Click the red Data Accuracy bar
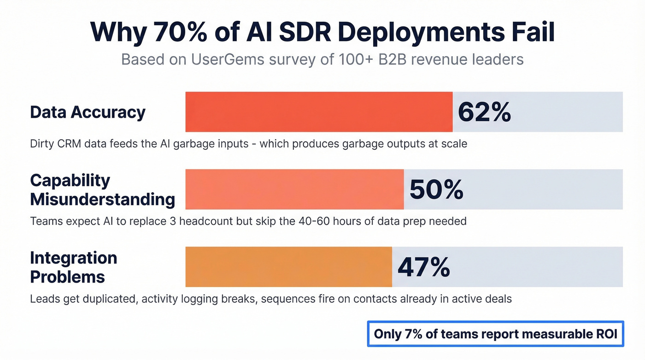coord(319,112)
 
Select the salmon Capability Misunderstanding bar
coord(294,189)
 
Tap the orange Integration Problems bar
coord(288,267)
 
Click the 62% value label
coord(484,112)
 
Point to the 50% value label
coord(436,189)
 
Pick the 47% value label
coord(423,267)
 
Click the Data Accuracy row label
coord(88,112)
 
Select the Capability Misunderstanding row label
coord(102,189)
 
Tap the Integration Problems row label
coord(73,267)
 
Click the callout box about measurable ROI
coord(495,334)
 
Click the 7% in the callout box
coord(412,334)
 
